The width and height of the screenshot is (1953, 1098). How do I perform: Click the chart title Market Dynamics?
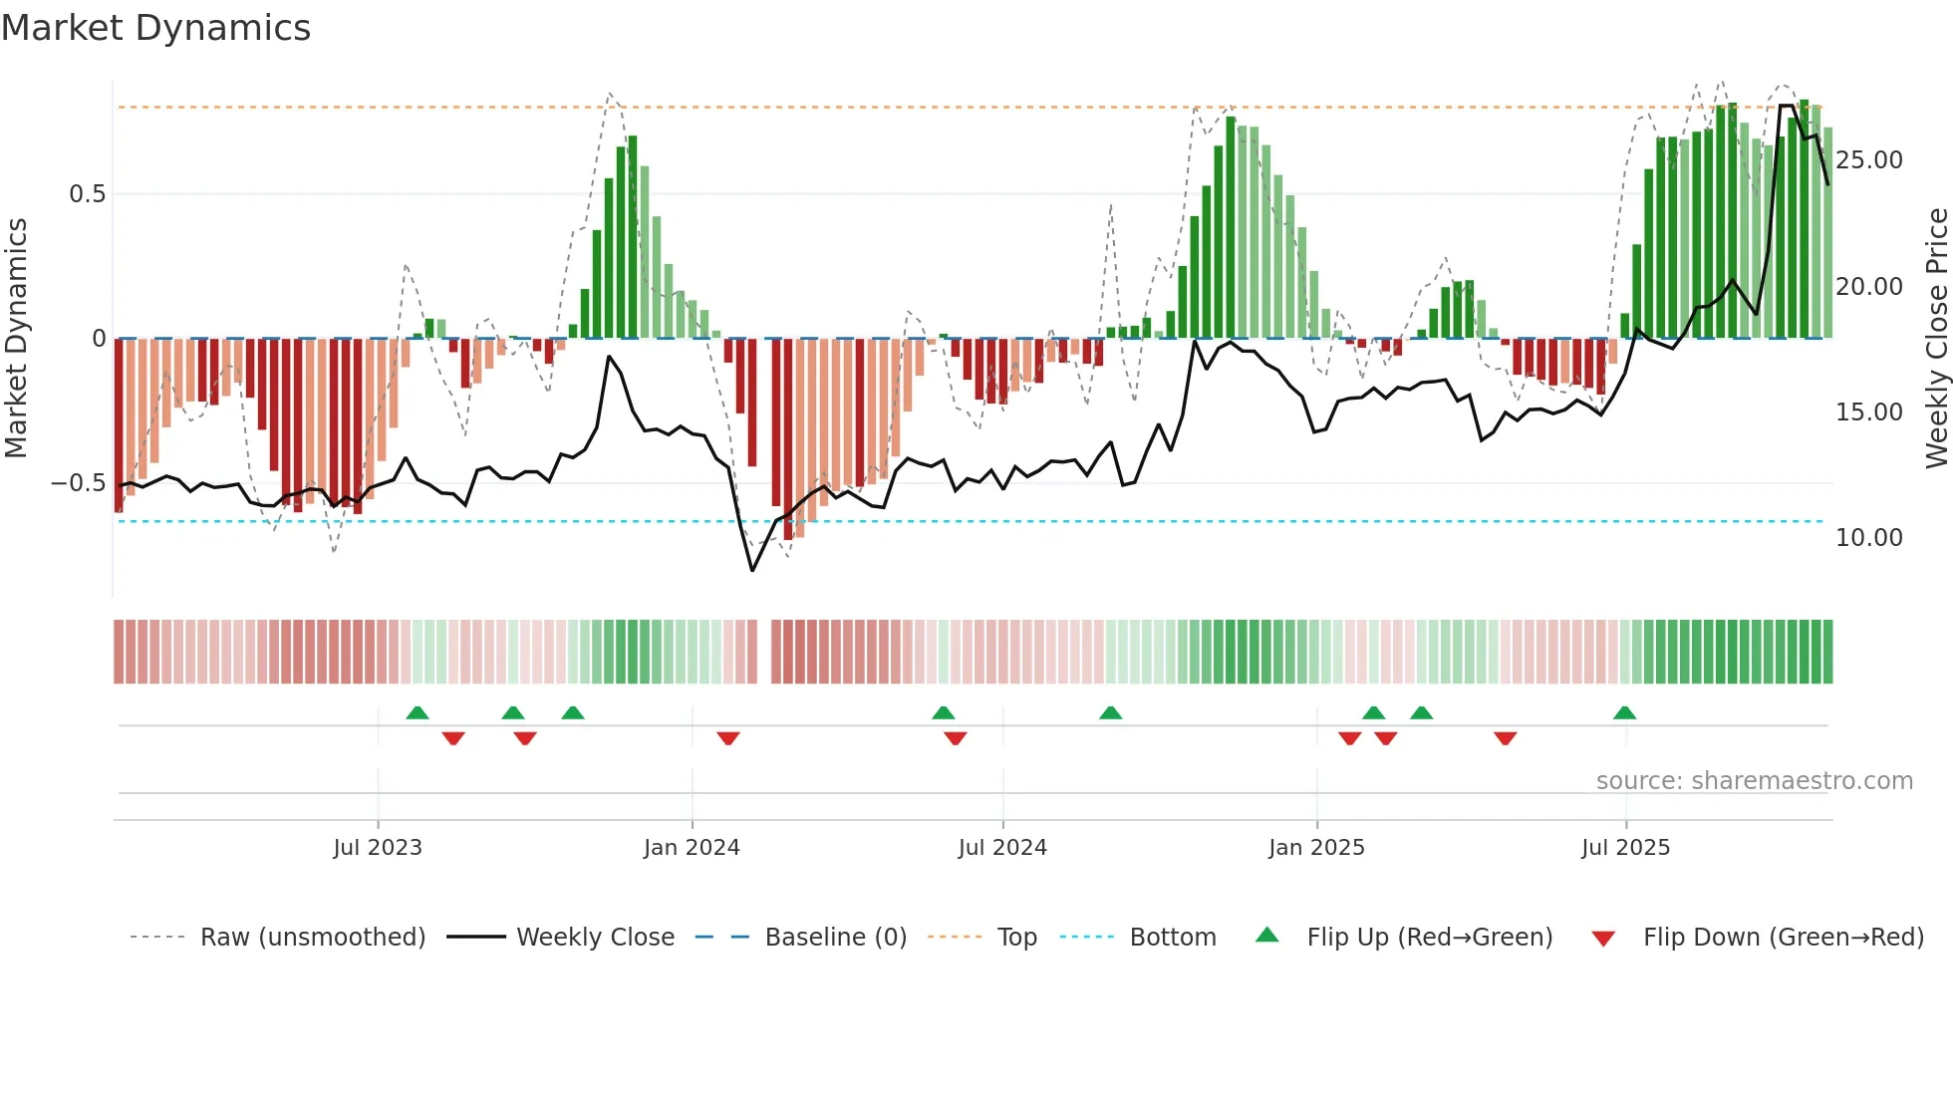155,28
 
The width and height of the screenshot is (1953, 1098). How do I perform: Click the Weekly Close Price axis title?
1936,338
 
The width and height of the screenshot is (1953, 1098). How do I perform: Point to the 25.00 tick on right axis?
1868,160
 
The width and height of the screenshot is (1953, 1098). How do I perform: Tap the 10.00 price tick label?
1868,538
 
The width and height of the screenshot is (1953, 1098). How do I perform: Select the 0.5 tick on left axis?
87,194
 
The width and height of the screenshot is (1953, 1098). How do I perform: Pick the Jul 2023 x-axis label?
378,848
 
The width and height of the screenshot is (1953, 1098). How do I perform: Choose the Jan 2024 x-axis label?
692,848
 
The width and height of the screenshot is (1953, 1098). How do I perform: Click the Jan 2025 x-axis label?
1316,848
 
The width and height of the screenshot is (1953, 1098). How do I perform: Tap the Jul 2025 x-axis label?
1625,848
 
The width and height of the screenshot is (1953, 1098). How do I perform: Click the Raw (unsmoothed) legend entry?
312,938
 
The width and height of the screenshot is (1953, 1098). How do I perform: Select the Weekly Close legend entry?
595,938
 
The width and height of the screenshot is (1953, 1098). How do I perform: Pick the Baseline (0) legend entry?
835,938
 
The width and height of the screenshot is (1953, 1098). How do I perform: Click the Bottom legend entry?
1172,938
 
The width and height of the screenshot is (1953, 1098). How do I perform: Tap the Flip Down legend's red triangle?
1603,939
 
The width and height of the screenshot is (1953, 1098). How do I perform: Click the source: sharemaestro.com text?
1754,781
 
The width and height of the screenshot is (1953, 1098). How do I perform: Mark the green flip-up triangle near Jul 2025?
1624,712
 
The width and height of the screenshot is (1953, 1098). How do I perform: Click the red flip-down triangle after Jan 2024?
728,738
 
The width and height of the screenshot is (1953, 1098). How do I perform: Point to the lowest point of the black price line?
752,571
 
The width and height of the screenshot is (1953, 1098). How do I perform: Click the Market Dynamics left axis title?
17,338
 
